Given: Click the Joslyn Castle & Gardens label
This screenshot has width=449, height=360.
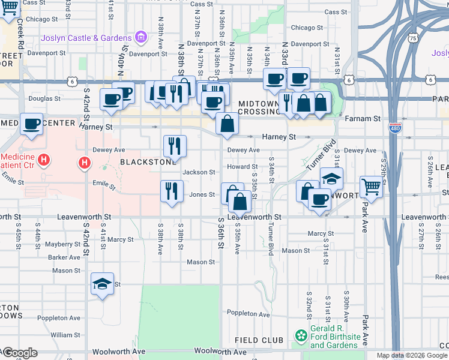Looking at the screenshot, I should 86,38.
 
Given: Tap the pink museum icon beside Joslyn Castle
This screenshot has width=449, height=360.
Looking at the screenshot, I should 140,38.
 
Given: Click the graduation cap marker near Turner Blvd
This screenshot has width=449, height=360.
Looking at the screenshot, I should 331,178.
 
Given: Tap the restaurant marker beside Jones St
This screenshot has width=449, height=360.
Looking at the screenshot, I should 172,191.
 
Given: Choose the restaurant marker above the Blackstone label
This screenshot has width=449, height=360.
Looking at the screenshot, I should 175,145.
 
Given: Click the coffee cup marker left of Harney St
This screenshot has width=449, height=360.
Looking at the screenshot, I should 32,124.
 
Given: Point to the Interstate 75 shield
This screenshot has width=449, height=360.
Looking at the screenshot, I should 412,38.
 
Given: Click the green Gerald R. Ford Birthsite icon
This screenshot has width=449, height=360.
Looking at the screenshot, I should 301,335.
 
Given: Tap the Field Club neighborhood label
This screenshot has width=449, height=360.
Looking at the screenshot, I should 259,340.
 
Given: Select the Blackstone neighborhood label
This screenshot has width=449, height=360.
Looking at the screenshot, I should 148,161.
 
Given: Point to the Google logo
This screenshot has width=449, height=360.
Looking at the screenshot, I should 19,353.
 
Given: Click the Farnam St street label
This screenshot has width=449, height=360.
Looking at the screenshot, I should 363,119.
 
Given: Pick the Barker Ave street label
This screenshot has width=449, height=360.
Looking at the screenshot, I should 66,257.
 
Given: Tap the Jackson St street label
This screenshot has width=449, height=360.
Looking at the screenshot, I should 199,172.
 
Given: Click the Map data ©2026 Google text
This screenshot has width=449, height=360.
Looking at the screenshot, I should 412,355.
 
